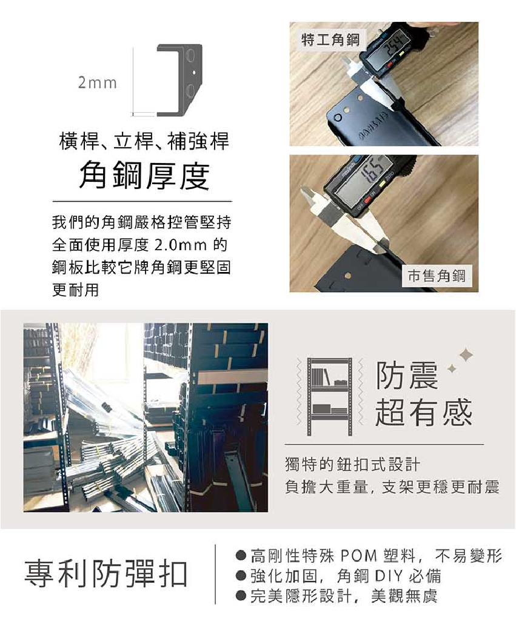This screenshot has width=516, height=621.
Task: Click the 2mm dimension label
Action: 98,83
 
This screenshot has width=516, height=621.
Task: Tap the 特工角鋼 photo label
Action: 330,39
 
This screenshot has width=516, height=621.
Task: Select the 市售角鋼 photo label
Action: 437,275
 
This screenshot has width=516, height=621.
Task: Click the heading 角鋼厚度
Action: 144,176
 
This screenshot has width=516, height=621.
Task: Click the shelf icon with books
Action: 329,396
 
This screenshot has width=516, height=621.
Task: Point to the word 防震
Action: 407,375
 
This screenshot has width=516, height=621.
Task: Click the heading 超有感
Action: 424,413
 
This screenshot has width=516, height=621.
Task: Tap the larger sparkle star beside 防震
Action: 466,355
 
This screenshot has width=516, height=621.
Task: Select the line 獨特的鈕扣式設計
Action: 352,464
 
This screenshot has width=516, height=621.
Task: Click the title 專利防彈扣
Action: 106,574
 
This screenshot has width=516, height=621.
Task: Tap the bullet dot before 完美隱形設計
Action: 240,596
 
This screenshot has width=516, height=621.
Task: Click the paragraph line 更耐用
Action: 75,290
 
